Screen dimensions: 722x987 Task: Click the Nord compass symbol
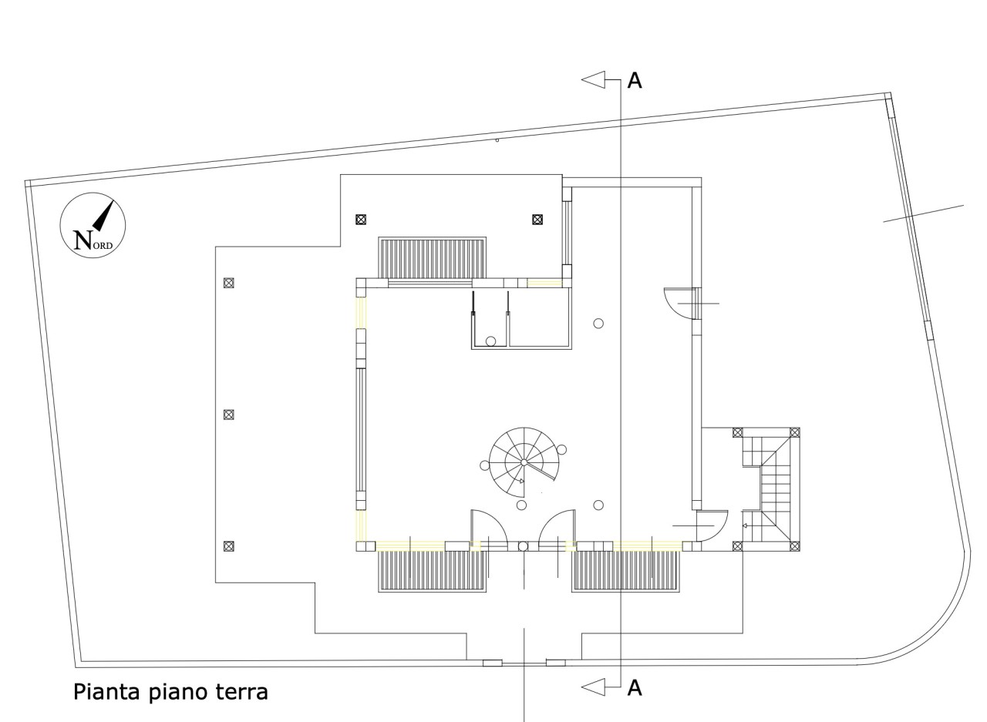pos(93,225)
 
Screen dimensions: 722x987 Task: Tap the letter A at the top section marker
pos(635,80)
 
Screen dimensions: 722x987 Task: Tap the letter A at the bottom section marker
pos(635,687)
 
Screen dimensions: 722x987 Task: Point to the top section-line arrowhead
pos(593,79)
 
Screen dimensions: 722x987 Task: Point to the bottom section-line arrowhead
pos(593,686)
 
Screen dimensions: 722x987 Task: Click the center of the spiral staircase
pos(523,462)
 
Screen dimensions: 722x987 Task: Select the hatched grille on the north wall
pos(432,258)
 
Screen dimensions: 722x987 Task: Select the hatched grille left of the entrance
pos(432,571)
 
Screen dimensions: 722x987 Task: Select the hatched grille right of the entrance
pos(625,571)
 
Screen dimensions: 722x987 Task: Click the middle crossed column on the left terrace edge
pos(228,415)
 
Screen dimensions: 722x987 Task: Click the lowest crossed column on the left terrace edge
pos(228,546)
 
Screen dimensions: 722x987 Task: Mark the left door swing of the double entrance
pos(489,528)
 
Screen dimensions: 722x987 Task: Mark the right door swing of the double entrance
pos(556,528)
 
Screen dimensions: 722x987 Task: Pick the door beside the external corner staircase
pos(712,526)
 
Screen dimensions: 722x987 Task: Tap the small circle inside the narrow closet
pos(490,341)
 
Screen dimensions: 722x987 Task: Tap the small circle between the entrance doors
pos(523,546)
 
